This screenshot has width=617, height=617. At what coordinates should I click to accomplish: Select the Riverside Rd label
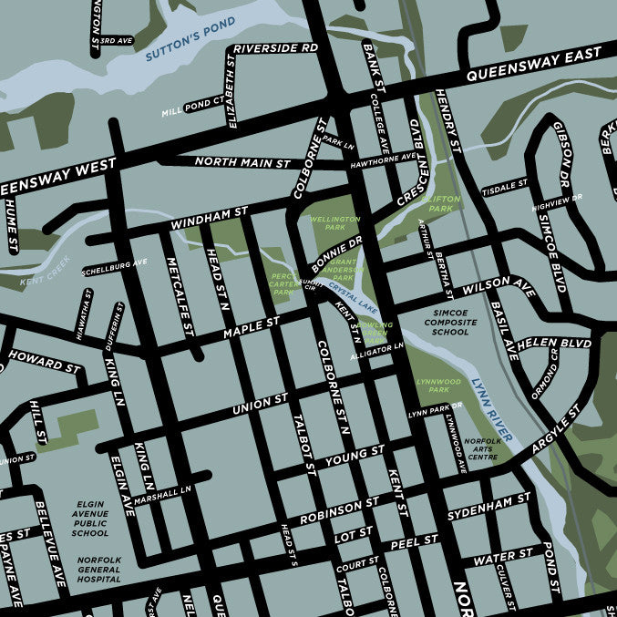coord(275,47)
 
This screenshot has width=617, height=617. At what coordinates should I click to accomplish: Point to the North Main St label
coord(243,163)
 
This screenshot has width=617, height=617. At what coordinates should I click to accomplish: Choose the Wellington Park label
coord(335,224)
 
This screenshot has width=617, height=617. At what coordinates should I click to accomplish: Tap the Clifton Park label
coord(441,203)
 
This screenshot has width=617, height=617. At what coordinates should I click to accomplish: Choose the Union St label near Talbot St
coord(260,401)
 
